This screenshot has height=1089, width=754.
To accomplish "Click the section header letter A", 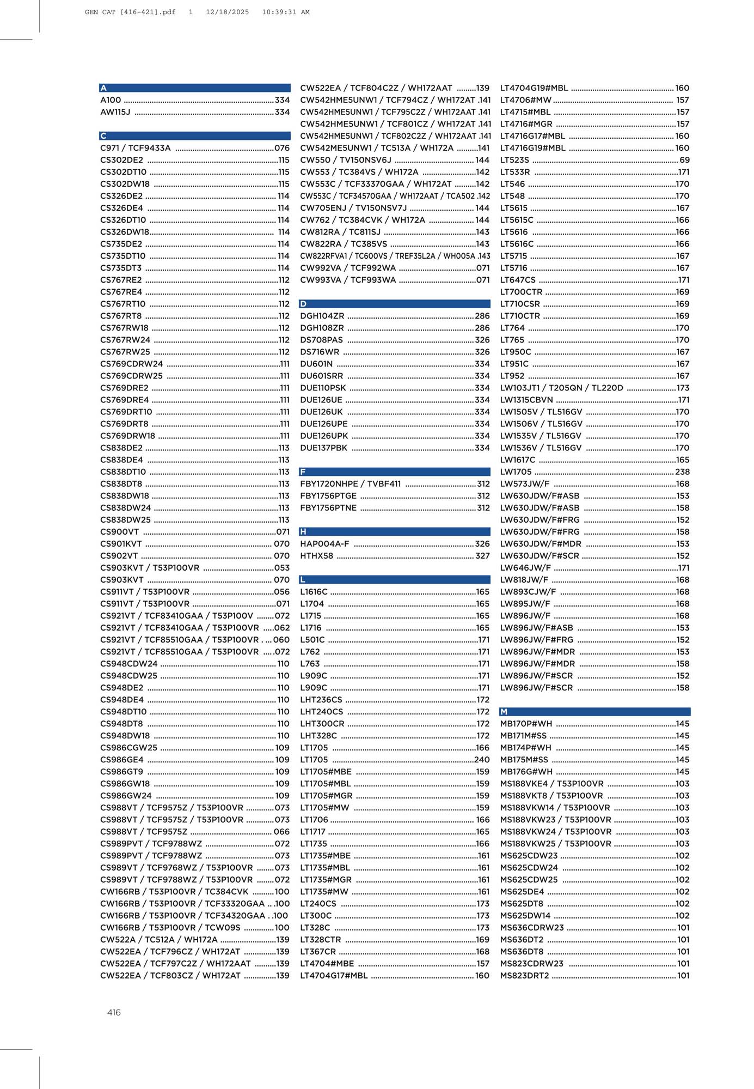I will pyautogui.click(x=103, y=88).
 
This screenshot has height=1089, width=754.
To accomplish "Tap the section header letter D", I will pyautogui.click(x=303, y=304).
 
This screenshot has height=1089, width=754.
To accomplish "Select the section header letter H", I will pyautogui.click(x=303, y=531).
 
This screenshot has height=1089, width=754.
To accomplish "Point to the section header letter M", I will pyautogui.click(x=504, y=712).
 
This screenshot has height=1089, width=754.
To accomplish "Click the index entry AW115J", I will pyautogui.click(x=115, y=112).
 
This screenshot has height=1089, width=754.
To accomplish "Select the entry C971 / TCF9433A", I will pyautogui.click(x=136, y=148).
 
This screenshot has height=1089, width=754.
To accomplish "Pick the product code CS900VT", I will pyautogui.click(x=120, y=532).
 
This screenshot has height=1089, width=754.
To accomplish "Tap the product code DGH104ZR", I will pyautogui.click(x=322, y=316).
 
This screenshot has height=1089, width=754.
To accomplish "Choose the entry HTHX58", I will pyautogui.click(x=317, y=556).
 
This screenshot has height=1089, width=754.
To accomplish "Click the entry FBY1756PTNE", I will pyautogui.click(x=328, y=508).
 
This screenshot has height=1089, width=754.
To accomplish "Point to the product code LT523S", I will pyautogui.click(x=514, y=160).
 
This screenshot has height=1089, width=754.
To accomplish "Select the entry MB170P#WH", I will pyautogui.click(x=526, y=724).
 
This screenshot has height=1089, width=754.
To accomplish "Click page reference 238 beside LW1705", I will pyautogui.click(x=682, y=472).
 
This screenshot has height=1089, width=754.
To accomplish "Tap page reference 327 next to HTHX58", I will pyautogui.click(x=482, y=556).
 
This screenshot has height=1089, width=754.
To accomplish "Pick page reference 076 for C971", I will pyautogui.click(x=282, y=148).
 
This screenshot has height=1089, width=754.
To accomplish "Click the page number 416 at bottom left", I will pyautogui.click(x=114, y=1013).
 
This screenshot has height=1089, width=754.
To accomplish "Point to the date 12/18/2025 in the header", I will pyautogui.click(x=227, y=12).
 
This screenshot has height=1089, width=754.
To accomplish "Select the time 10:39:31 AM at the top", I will pyautogui.click(x=285, y=12).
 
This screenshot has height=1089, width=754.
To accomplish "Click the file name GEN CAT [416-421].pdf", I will pyautogui.click(x=130, y=12).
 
